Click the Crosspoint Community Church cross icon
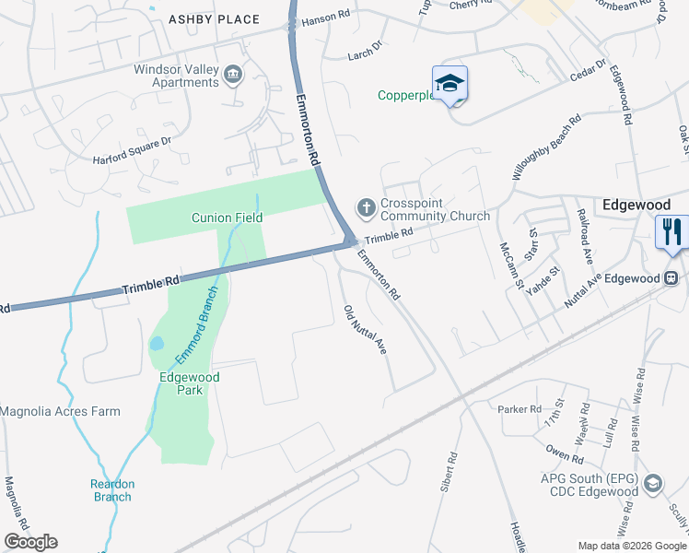click(x=366, y=207)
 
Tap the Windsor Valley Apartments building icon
click(x=233, y=74)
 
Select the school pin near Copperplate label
click(x=450, y=84)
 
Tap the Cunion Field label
click(x=227, y=218)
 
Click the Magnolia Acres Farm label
click(x=60, y=411)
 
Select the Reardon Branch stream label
click(x=111, y=490)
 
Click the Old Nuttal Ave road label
click(x=364, y=330)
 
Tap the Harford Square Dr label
click(x=132, y=151)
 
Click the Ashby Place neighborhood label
click(x=214, y=19)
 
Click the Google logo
click(x=30, y=542)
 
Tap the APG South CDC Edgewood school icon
click(x=652, y=483)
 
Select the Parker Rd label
click(x=519, y=409)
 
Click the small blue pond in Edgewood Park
click(x=157, y=344)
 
